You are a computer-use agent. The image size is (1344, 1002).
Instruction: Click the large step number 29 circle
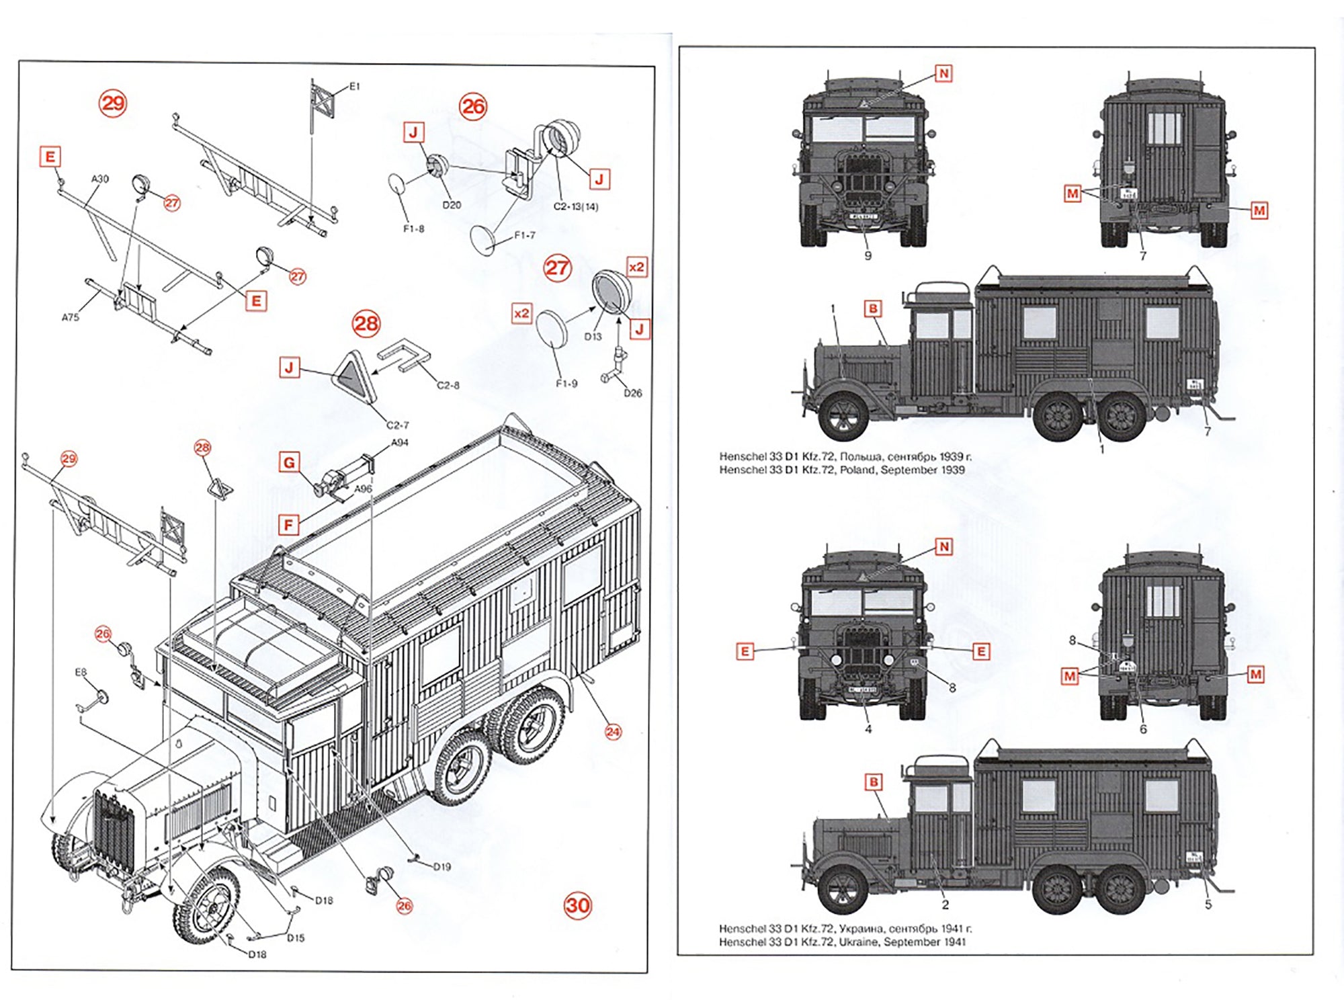[113, 103]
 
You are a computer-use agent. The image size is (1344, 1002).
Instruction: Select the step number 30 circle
[578, 905]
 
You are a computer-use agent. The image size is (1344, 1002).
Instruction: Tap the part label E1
[354, 86]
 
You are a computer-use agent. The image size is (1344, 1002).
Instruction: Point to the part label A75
[71, 317]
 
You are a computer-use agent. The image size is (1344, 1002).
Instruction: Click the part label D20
[452, 205]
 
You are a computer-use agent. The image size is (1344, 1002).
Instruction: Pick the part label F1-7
[524, 235]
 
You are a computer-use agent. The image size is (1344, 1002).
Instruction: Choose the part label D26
[632, 393]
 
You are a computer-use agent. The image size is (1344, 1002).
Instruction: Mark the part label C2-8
[448, 385]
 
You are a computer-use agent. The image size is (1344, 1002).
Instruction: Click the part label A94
[400, 442]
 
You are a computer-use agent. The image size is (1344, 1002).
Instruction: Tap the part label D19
[442, 866]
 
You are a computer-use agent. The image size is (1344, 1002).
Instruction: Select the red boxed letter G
[289, 462]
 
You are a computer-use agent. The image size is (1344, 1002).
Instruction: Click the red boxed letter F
[289, 525]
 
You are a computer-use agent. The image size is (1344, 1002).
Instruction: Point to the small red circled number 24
[613, 732]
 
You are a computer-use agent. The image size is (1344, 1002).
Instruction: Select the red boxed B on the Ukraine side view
[874, 782]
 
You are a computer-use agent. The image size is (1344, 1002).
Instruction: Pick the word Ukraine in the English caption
[857, 942]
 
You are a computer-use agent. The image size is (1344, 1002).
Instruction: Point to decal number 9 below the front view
[868, 256]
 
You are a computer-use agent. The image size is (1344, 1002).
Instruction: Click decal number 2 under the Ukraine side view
[945, 905]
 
